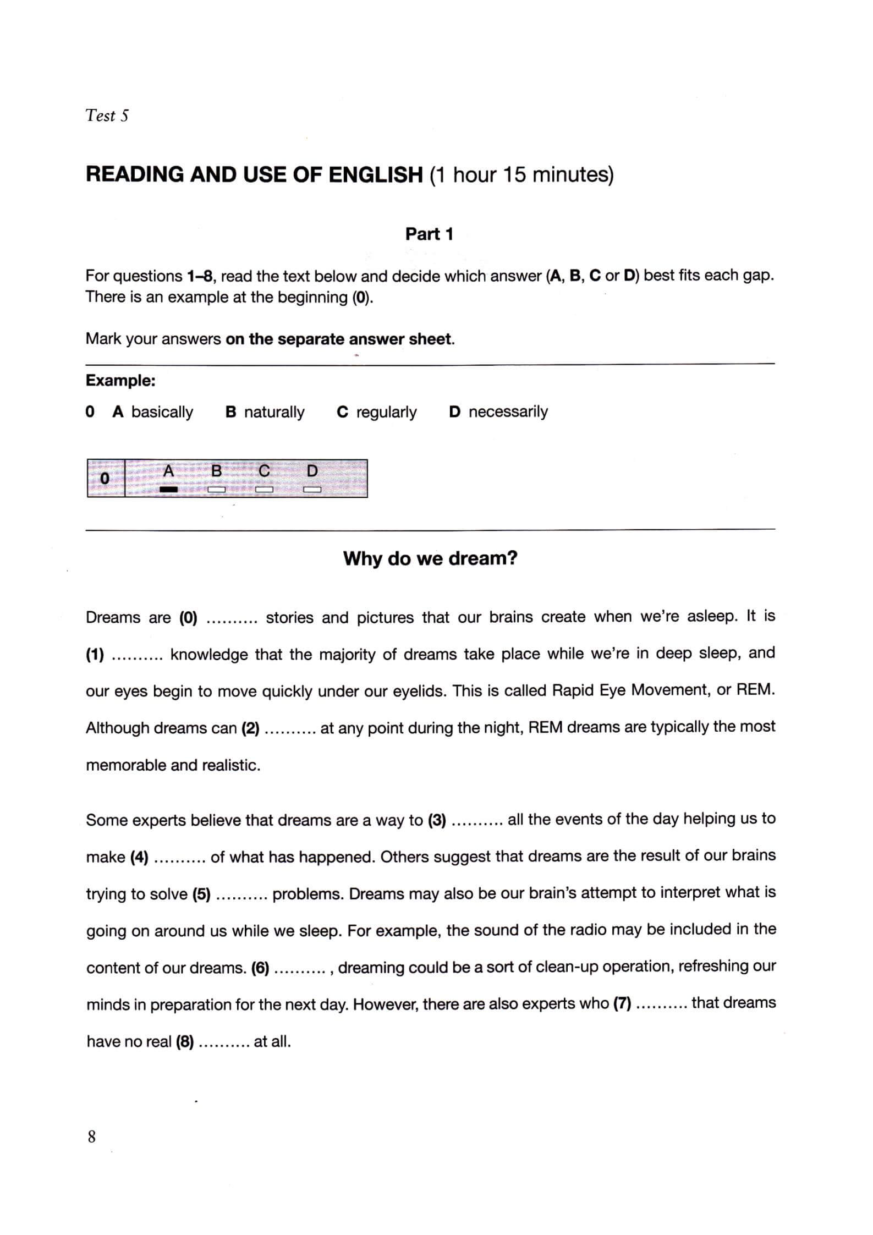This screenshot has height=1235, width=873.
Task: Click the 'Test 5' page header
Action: pos(107,116)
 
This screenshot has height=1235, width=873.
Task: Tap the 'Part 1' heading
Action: pos(429,234)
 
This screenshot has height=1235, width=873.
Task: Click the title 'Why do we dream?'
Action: pos(430,558)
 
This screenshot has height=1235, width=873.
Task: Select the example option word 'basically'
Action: pos(162,412)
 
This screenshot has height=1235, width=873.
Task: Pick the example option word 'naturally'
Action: pos(274,412)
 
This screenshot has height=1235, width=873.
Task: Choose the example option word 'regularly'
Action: pos(386,412)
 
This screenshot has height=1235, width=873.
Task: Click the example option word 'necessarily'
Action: pos(508,412)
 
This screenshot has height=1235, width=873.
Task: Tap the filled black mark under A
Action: pos(168,489)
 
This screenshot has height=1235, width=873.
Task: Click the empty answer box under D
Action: pos(312,489)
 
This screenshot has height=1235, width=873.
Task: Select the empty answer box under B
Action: pos(216,489)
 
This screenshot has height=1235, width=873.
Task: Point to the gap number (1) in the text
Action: pos(95,655)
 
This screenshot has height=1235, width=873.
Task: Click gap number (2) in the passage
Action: pos(250,728)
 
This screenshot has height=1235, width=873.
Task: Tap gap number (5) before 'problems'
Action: pos(201,894)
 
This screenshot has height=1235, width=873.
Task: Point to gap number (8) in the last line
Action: pos(184,1042)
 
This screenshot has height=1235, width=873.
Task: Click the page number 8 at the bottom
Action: pos(91,1135)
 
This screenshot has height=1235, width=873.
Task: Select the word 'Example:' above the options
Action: pos(120,381)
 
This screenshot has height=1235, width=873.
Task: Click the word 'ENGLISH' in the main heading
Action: pos(375,175)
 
